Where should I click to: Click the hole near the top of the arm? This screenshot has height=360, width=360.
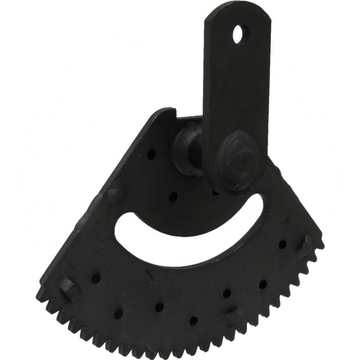[x=238, y=35]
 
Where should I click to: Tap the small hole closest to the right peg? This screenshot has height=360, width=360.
[x=282, y=244]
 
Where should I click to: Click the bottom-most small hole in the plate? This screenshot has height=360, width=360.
[x=193, y=321]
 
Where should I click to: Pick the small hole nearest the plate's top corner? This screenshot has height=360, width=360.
[x=152, y=152]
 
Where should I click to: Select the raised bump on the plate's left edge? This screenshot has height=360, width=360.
[x=111, y=194]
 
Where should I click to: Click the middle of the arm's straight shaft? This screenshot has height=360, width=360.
[x=224, y=90]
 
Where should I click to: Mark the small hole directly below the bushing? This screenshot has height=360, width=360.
[x=174, y=196]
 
